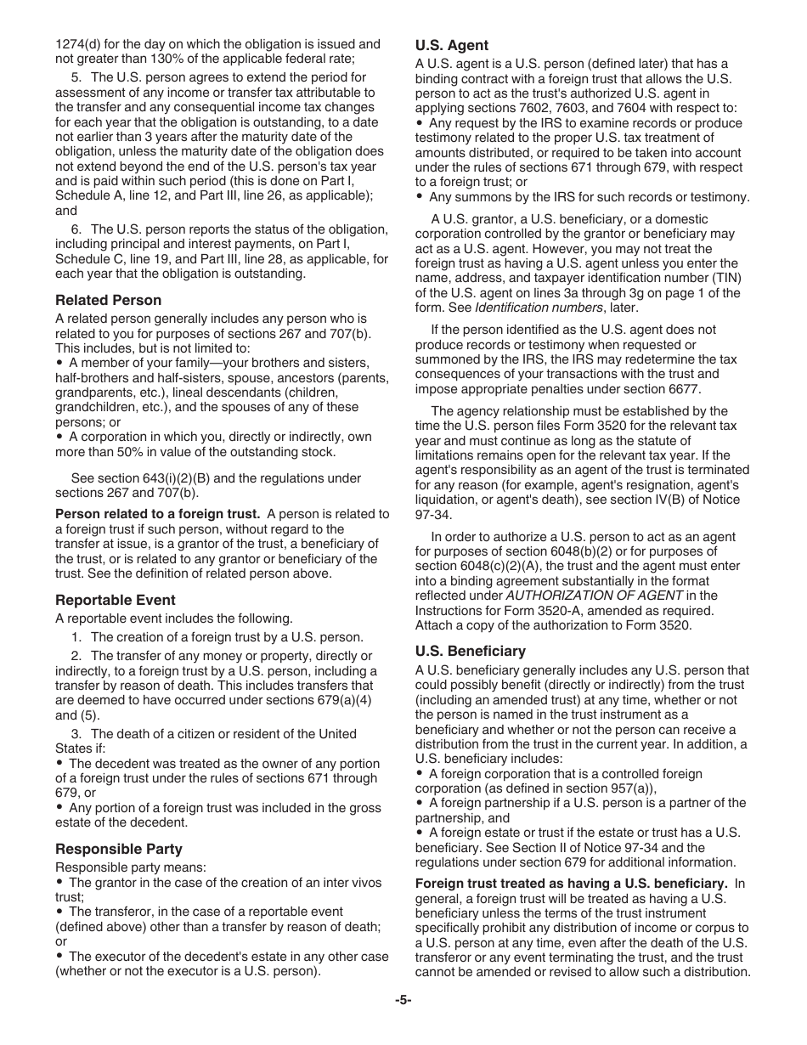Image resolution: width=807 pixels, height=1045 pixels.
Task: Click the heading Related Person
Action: pos(108,300)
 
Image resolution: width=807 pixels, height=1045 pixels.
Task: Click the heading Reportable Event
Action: pos(116,600)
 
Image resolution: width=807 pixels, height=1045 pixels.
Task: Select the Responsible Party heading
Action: pos(119,849)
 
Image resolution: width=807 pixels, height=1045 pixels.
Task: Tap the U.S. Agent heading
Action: pos(451,46)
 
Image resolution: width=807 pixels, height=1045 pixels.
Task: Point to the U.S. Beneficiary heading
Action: pos(471,652)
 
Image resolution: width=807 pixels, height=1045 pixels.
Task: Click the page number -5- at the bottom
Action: pos(403,1000)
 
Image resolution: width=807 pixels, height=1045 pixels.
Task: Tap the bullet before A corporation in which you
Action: pos(59,437)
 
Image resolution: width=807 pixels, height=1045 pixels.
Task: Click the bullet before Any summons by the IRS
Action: pos(420,197)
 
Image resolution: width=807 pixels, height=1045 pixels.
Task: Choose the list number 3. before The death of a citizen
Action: pos(76,733)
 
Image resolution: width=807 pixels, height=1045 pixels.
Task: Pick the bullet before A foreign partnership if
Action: pos(420,803)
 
